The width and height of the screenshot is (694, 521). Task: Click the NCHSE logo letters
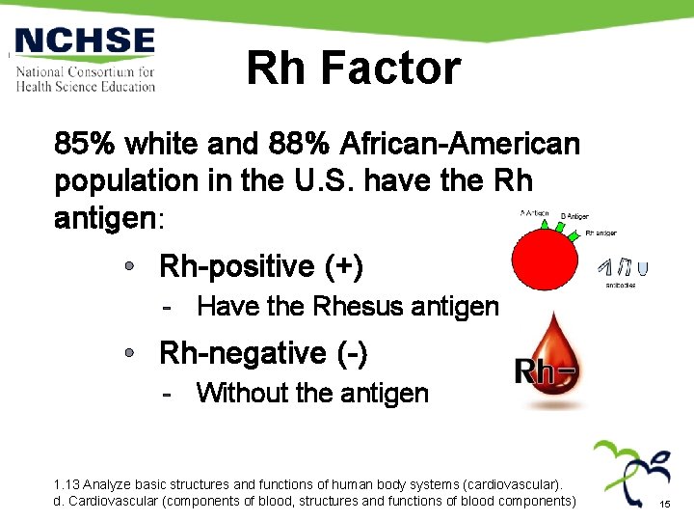[x=85, y=41]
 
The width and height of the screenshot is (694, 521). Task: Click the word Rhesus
[x=359, y=307]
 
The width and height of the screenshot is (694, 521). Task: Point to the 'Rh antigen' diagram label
[x=601, y=233]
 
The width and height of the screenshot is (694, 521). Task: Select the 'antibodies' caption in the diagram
[x=620, y=286]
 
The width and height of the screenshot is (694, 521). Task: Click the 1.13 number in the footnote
[x=67, y=483]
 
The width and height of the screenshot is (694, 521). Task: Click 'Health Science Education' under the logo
[x=85, y=87]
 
